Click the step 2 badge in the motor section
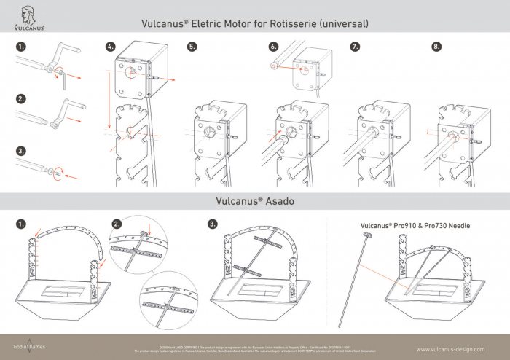pos(22,98)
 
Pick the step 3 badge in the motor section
pos(22,151)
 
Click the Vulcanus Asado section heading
pos(254,200)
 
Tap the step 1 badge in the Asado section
pos(22,223)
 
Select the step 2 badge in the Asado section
pos(117,223)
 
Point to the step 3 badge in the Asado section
pos(213,223)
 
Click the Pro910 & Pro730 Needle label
pos(415,226)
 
